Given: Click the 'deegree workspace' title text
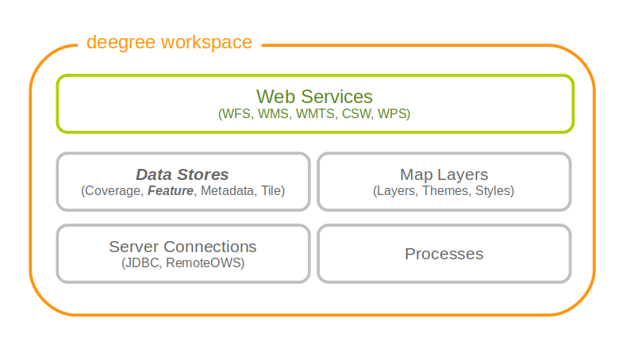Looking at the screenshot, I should [169, 42].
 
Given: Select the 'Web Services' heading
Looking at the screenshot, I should [314, 97].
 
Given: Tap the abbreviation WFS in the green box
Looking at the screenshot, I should [236, 114].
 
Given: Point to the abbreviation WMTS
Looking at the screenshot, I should [317, 114].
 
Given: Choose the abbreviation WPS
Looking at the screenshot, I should [394, 114].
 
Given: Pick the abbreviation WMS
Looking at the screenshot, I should [274, 114].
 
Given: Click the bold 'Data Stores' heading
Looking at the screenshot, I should [182, 174].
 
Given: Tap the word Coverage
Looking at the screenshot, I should [113, 191].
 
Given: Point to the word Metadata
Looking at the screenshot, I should [229, 191].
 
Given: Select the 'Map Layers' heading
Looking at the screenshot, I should [444, 174].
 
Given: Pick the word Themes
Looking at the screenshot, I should [445, 191].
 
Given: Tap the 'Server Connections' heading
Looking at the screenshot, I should [182, 247].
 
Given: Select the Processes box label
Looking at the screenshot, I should [444, 254].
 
